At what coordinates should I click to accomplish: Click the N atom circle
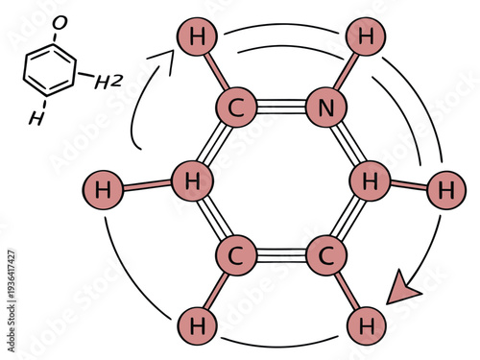[326, 108]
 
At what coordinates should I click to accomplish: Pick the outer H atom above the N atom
[365, 38]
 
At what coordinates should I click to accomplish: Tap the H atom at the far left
[103, 189]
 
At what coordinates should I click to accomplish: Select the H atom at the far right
[444, 189]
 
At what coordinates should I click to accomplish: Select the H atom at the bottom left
[198, 325]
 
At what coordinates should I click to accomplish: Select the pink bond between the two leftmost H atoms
[147, 185]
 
